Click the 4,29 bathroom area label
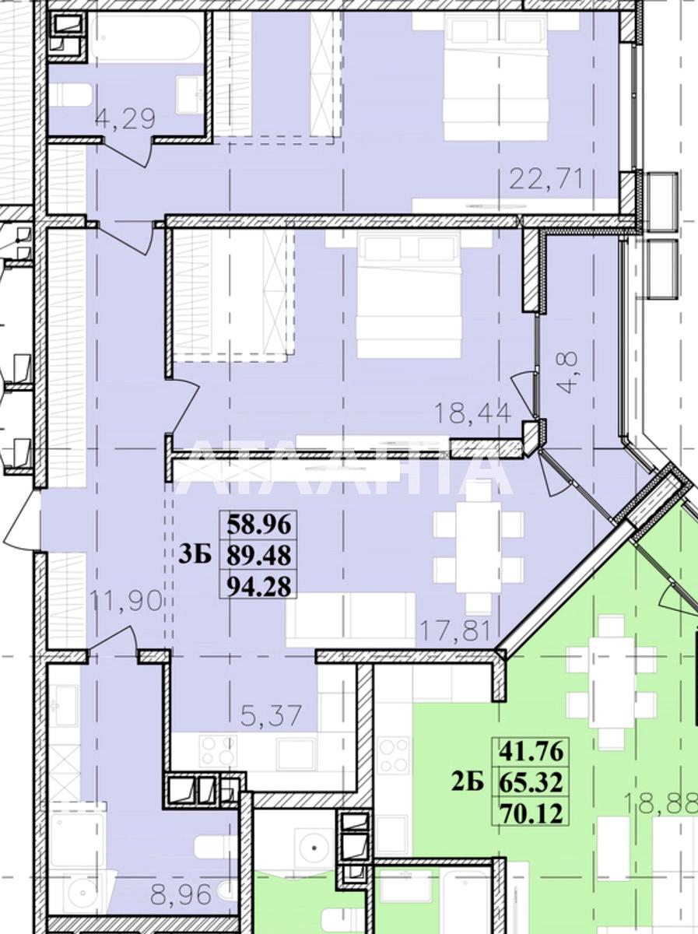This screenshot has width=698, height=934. click(125, 119)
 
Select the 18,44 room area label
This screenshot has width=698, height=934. click(472, 413)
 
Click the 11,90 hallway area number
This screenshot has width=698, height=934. click(126, 601)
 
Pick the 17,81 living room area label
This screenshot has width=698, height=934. click(454, 630)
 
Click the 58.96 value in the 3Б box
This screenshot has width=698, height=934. click(259, 525)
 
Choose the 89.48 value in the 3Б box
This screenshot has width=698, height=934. click(259, 555)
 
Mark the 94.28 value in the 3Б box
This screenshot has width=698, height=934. click(259, 587)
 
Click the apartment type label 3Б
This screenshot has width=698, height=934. click(195, 555)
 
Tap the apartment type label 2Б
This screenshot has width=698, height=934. click(468, 782)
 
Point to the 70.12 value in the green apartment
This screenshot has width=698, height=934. click(531, 813)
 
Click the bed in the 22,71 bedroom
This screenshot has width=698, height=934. click(495, 75)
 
